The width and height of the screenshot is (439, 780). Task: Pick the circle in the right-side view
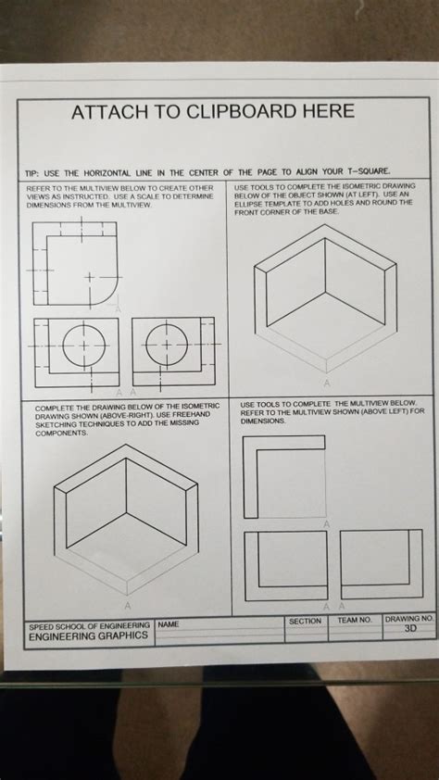[x=168, y=344]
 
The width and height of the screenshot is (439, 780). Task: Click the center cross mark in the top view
[x=90, y=276]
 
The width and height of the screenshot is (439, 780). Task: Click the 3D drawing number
[x=411, y=628]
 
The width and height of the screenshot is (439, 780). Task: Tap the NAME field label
[x=169, y=625]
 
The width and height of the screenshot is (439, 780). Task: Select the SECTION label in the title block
[x=305, y=621]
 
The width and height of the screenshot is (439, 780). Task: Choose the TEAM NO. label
[x=354, y=619]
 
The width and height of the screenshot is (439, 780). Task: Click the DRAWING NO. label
[x=408, y=618]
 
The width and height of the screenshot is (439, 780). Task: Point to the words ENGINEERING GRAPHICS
[x=88, y=636]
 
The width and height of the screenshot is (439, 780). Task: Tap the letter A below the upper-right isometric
[x=326, y=382]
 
